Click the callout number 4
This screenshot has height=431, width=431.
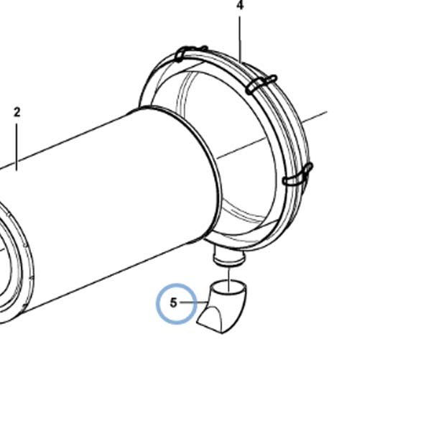[240, 6]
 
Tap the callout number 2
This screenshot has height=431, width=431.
[17, 113]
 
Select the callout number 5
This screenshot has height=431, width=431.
[173, 302]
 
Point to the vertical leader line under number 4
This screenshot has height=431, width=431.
[240, 40]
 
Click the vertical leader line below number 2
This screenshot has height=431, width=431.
[17, 147]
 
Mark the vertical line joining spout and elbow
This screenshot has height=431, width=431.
[228, 279]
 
